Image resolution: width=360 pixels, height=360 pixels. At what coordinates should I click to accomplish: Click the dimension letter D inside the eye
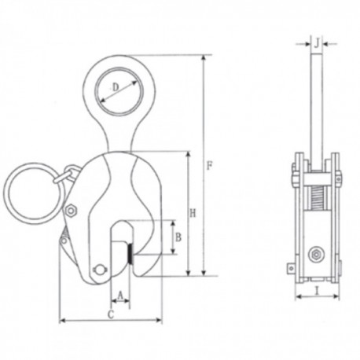116,87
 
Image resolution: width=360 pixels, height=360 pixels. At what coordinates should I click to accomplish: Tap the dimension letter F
209,166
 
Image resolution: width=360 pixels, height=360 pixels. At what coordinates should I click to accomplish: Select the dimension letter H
193,214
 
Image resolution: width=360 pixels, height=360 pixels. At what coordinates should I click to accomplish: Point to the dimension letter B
178,237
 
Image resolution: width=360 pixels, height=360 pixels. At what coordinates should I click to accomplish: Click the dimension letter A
120,296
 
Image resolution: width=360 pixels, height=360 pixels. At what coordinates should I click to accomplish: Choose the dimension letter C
111,314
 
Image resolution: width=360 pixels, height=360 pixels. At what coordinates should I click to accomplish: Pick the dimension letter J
317,42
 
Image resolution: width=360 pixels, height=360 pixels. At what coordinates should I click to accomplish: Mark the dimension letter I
318,290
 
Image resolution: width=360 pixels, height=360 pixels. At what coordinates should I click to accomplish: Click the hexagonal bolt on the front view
71,211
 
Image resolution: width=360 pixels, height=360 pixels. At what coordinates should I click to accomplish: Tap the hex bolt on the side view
316,254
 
